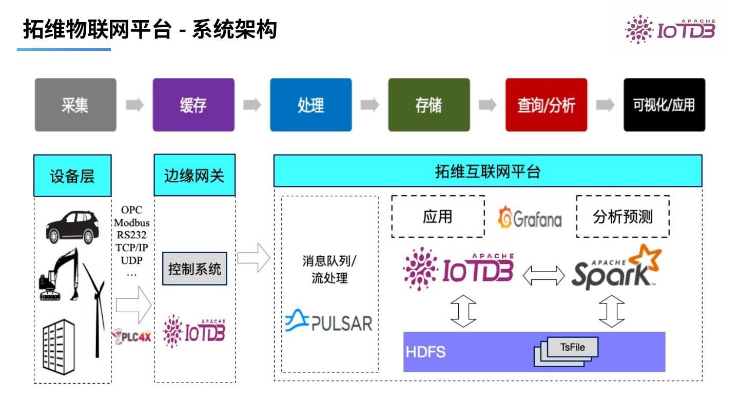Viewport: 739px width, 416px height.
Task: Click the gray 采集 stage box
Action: pos(75,105)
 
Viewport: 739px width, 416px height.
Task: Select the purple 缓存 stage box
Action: pos(193,105)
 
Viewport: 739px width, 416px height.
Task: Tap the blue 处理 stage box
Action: pos(311,105)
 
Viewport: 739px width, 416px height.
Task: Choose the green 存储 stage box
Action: pos(429,105)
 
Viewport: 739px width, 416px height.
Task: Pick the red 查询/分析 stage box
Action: pos(547,105)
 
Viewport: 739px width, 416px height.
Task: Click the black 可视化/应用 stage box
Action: pos(664,105)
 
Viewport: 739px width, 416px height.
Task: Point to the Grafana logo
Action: pos(530,218)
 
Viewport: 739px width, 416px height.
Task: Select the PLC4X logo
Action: pos(132,337)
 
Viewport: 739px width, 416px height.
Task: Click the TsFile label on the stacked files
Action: pos(572,347)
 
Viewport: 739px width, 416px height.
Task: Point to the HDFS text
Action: pos(425,352)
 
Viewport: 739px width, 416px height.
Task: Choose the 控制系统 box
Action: pos(195,269)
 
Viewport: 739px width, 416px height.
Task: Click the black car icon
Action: pos(72,227)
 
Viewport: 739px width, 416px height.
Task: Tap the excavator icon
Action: pos(60,275)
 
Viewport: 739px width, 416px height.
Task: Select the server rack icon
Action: pos(59,347)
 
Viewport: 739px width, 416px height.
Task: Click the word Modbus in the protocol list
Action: pos(131,222)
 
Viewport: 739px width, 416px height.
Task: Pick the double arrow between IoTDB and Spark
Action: pos(543,276)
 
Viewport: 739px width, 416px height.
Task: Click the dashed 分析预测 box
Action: pos(623,217)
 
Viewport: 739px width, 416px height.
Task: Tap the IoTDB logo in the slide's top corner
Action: pos(670,29)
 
